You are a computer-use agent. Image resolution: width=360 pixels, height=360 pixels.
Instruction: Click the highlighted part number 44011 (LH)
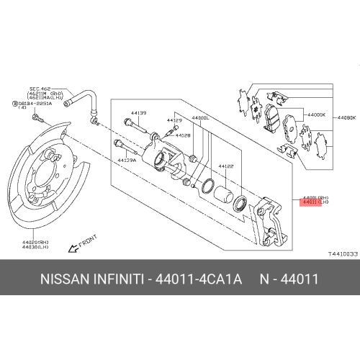314,203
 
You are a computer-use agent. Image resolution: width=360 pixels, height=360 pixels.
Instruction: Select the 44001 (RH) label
314,197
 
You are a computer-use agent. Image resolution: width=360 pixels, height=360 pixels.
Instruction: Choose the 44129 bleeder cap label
174,120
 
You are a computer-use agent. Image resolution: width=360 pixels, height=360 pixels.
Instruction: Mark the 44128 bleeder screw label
183,135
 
